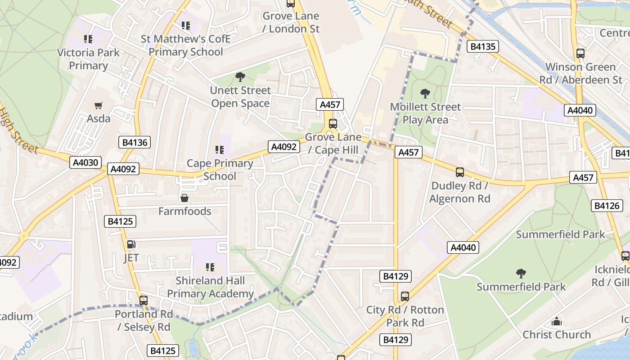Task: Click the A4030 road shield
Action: tap(85, 162)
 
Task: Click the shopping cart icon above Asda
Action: tap(98, 106)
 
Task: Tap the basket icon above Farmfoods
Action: tap(184, 198)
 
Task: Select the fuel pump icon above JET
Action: tap(131, 244)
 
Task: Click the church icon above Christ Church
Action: tap(557, 321)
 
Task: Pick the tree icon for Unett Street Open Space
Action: tap(240, 77)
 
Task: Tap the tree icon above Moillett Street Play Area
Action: tap(425, 94)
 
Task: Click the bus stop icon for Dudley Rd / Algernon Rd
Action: tap(459, 172)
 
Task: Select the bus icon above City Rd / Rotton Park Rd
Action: tap(405, 297)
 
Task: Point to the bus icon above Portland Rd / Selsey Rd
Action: tap(143, 300)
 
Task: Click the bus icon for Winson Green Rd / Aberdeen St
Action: tap(580, 54)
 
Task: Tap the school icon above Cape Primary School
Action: tap(220, 150)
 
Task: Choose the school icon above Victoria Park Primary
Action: tap(88, 39)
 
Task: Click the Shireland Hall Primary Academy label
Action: tap(210, 287)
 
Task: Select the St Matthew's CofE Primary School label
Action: tap(185, 45)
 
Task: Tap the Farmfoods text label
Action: tap(184, 211)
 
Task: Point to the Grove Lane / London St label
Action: tap(291, 22)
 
